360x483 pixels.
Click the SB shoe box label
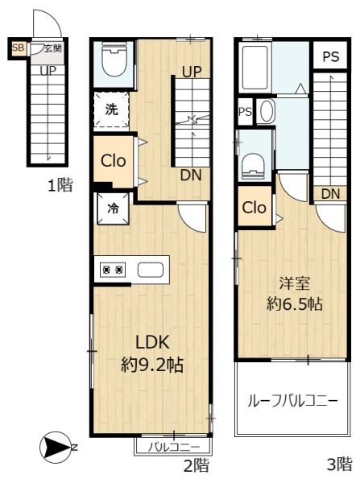(18, 48)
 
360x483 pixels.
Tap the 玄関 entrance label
(52, 48)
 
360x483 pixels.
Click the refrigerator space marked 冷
(113, 208)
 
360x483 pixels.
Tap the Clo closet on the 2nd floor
(114, 161)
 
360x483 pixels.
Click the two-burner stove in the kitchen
(113, 270)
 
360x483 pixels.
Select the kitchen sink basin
(150, 270)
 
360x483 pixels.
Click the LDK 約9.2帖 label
(152, 353)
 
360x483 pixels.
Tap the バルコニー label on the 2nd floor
(174, 447)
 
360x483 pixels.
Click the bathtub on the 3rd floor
(255, 68)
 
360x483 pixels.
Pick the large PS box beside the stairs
(331, 56)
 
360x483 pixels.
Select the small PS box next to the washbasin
(245, 112)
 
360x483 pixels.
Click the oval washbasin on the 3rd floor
(267, 111)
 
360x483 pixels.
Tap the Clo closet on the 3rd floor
(254, 208)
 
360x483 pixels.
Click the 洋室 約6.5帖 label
(295, 294)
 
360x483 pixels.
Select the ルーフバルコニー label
(293, 402)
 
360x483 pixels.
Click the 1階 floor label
(60, 185)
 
